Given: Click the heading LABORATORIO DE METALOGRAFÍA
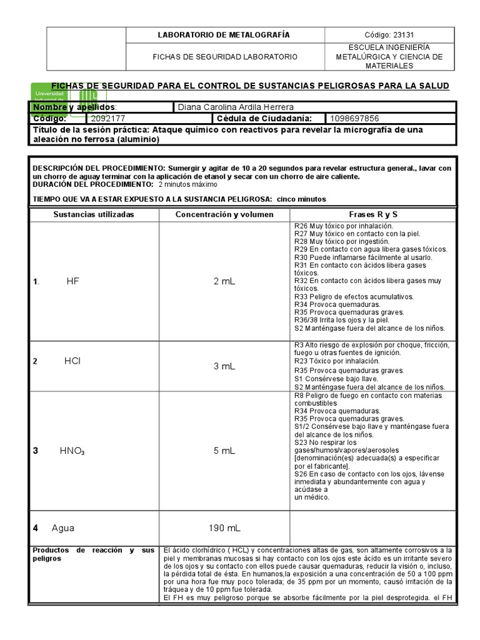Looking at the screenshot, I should pyautogui.click(x=226, y=35).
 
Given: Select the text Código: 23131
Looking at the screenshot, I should pyautogui.click(x=390, y=35).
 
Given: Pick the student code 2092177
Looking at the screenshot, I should pyautogui.click(x=107, y=118).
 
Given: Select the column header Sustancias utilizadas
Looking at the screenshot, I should pyautogui.click(x=93, y=214).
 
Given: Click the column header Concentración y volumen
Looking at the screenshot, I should pyautogui.click(x=224, y=214).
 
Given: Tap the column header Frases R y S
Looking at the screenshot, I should pyautogui.click(x=374, y=214).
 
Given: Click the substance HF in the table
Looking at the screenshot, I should pyautogui.click(x=73, y=281).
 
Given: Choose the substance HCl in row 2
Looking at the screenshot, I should pyautogui.click(x=72, y=361).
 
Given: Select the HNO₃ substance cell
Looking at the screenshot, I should pyautogui.click(x=72, y=450).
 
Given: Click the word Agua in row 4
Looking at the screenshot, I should pyautogui.click(x=62, y=527).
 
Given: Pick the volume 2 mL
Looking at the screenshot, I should pyautogui.click(x=224, y=282).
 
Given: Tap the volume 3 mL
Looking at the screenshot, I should pyautogui.click(x=224, y=366).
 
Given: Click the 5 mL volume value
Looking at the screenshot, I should pyautogui.click(x=224, y=450).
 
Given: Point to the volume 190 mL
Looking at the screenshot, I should pyautogui.click(x=224, y=528).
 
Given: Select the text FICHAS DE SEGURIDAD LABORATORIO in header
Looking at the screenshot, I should pyautogui.click(x=226, y=57).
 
